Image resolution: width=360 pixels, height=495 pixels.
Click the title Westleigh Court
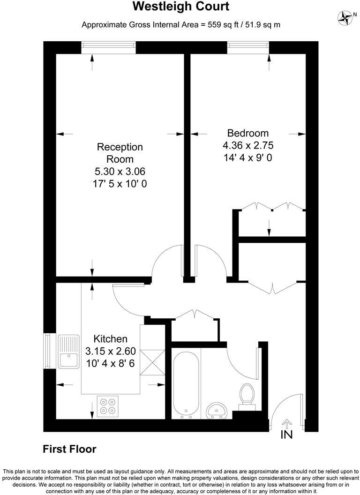[x=181, y=7]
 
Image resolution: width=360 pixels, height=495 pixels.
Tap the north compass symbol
[x=345, y=18]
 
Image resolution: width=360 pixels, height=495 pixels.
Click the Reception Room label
[x=120, y=153]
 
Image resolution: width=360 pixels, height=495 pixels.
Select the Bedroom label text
[x=247, y=133]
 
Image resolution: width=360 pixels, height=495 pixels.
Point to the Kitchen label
[x=110, y=339]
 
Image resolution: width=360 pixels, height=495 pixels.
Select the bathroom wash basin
[x=217, y=411]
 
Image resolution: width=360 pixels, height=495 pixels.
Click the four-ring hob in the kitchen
[x=108, y=406]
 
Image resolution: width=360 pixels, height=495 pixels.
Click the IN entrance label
[x=286, y=435]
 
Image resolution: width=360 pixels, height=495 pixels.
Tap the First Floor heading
[x=69, y=449]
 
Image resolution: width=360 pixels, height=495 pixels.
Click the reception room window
[x=108, y=47]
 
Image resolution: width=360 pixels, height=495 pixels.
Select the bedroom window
[x=248, y=47]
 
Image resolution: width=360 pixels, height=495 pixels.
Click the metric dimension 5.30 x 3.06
[x=120, y=172]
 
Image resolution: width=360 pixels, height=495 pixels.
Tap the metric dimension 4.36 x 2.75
[x=247, y=145]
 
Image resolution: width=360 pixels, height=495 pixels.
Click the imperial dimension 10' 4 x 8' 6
[x=110, y=363]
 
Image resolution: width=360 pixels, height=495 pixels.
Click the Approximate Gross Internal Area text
[x=181, y=24]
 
